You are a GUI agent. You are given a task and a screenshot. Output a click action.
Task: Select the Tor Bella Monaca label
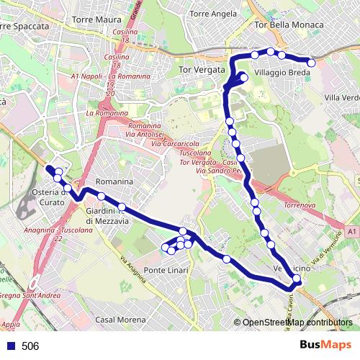click(287, 24)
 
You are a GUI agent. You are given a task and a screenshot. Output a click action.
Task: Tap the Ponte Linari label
click(166, 270)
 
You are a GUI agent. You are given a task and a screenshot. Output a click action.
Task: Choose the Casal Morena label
click(120, 319)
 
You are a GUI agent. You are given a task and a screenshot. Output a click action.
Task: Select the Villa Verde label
click(341, 97)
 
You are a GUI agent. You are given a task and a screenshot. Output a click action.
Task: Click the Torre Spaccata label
click(26, 26)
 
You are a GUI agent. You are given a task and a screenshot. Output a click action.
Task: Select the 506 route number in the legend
click(30, 346)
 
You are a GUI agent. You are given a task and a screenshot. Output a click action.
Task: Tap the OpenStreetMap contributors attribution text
click(297, 323)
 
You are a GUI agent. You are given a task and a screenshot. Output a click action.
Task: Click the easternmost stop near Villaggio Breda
click(311, 63)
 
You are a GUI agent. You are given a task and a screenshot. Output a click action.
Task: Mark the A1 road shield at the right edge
click(350, 232)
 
